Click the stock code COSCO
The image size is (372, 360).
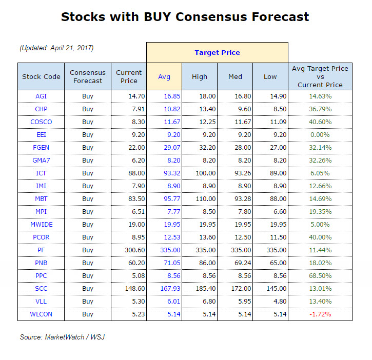point(41,122)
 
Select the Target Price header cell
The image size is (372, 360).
point(217,52)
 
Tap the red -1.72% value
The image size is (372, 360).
point(320,314)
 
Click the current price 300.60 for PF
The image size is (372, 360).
point(129,250)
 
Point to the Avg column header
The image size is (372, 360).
point(164,76)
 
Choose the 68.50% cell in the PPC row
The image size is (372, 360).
point(320,275)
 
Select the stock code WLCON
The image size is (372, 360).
point(41,314)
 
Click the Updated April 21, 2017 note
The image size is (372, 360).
point(56,48)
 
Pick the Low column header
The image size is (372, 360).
point(270,76)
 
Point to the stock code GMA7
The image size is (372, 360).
point(41,161)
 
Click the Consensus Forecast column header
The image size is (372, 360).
point(87,76)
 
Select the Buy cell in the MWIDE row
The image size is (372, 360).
point(88,224)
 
